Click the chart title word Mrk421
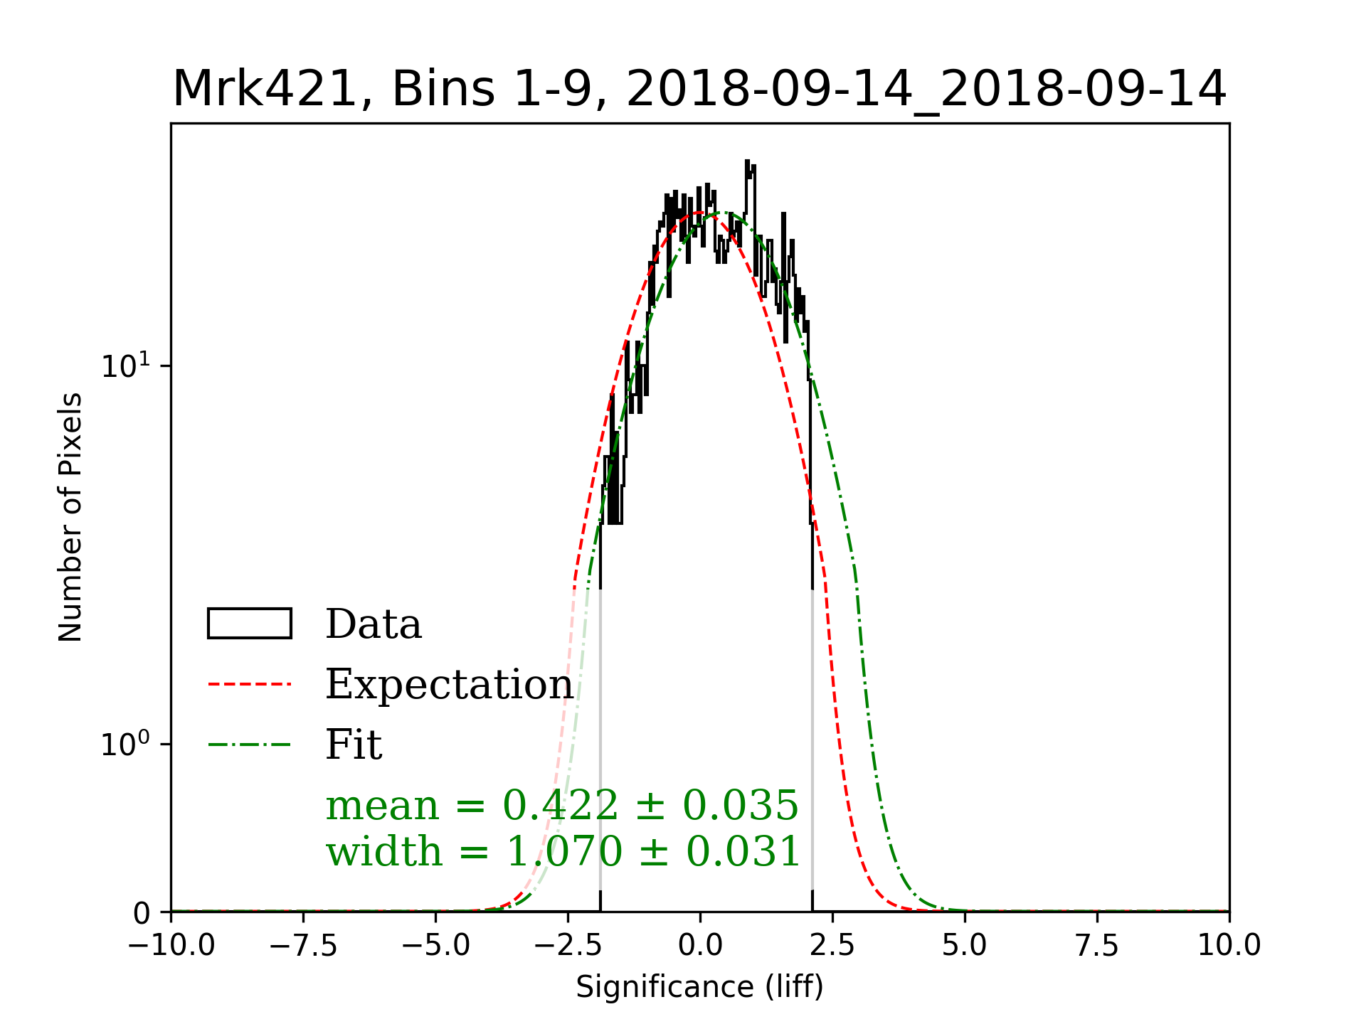pos(264,90)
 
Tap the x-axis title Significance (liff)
pos(699,987)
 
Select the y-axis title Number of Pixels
pos(70,517)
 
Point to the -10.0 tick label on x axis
pos(171,946)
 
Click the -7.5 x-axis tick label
pos(304,946)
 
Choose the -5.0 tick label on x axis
pos(436,946)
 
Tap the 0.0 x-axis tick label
pos(700,946)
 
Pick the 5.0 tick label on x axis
pos(965,946)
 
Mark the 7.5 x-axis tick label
pos(1097,946)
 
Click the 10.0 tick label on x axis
pos(1229,946)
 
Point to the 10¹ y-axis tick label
pos(126,366)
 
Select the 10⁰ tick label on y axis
pos(126,745)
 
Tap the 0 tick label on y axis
pos(142,914)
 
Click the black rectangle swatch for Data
pos(249,624)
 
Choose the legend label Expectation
pos(449,684)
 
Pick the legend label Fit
pos(354,745)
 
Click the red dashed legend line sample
pos(249,684)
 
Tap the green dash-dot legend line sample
pos(249,745)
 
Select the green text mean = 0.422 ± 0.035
pos(562,805)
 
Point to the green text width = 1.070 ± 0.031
pos(563,851)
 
